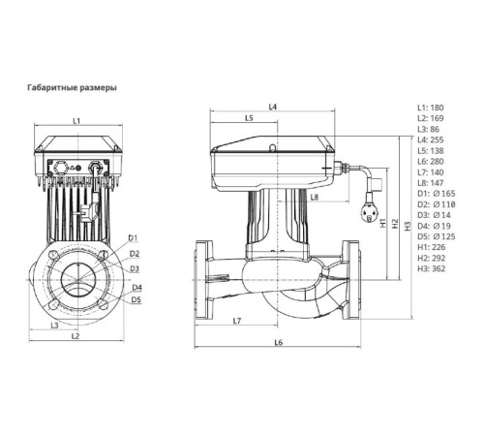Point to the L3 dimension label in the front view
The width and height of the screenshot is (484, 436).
55,325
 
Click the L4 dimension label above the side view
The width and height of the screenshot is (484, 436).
273,106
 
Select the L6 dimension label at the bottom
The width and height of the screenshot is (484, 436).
278,343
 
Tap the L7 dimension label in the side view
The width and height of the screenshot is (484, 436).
237,321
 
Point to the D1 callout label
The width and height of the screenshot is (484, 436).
134,237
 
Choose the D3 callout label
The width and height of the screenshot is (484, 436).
134,267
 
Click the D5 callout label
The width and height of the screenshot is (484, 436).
136,300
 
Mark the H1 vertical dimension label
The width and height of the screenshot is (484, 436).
383,222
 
